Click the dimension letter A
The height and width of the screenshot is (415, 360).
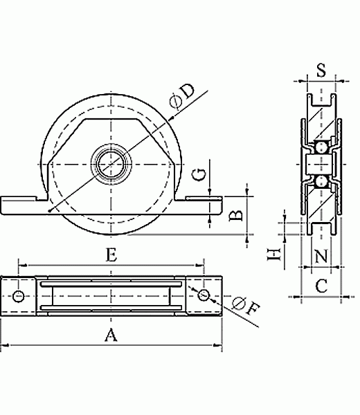click(111, 335)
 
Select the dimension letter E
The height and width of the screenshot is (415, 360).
click(111, 255)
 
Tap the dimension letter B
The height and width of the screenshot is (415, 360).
click(236, 215)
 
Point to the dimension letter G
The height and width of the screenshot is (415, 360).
click(199, 174)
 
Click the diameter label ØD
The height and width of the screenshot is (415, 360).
click(183, 96)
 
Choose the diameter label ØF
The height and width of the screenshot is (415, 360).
click(246, 306)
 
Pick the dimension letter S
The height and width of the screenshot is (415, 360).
click(321, 70)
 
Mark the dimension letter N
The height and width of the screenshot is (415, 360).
click(321, 256)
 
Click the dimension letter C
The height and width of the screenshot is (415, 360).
click(321, 286)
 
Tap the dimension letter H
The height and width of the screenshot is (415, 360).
click(273, 255)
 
